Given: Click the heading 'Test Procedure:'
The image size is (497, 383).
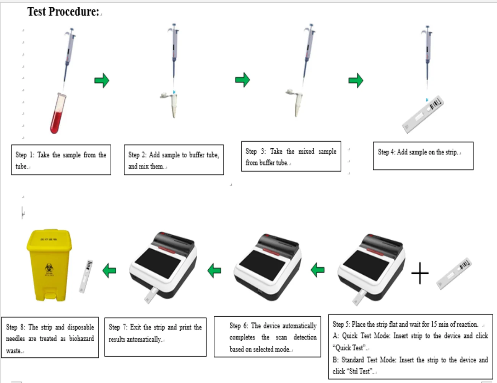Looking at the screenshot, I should pos(63,11).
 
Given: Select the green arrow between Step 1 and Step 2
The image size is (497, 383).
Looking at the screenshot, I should pos(102,80).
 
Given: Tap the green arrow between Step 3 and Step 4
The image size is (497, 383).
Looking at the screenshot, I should pos(356,80).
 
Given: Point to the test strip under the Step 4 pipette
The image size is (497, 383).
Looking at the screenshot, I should pos(422,114).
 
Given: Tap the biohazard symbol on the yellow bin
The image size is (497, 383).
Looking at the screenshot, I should pos(49,268).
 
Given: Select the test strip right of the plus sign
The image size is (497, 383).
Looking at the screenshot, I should pos(454,273).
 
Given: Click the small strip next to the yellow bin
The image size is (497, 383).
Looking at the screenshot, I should pos(86,276).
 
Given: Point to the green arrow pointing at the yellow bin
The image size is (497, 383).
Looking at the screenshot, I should pos(109,271).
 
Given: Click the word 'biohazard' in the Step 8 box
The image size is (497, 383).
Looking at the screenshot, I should pos(81,339).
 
